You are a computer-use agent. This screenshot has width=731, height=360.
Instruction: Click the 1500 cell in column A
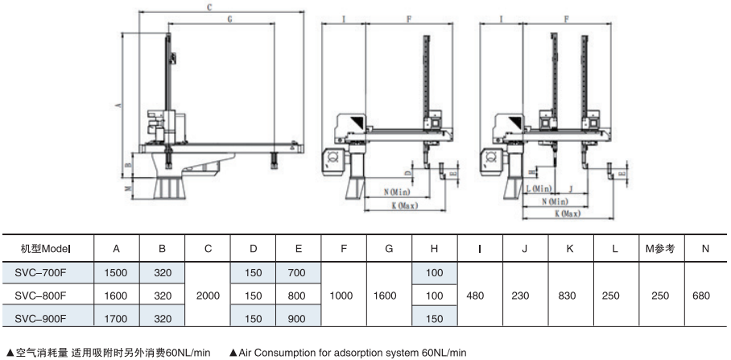pos(118,273)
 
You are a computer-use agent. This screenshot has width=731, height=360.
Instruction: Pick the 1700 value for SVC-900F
pos(118,318)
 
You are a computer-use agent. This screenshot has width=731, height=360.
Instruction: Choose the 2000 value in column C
pos(208,296)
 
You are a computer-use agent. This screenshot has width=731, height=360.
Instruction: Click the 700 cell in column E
pos(298,273)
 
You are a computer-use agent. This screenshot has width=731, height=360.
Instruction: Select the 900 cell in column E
pos(298,318)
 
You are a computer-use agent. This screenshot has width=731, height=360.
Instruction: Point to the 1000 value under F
pos(343,296)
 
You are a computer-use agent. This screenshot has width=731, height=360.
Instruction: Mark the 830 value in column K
pos(568,296)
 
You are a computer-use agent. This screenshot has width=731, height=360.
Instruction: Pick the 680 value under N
pos(704,296)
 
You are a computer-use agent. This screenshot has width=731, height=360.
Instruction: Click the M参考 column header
pos(659,250)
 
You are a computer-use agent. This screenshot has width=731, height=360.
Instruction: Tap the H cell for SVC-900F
pos(434,318)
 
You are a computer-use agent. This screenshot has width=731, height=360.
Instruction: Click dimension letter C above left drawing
pos(209,7)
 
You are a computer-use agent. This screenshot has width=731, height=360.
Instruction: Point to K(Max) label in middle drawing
pos(403,206)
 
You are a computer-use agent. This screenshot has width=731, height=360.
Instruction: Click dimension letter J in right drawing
pos(570,188)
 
